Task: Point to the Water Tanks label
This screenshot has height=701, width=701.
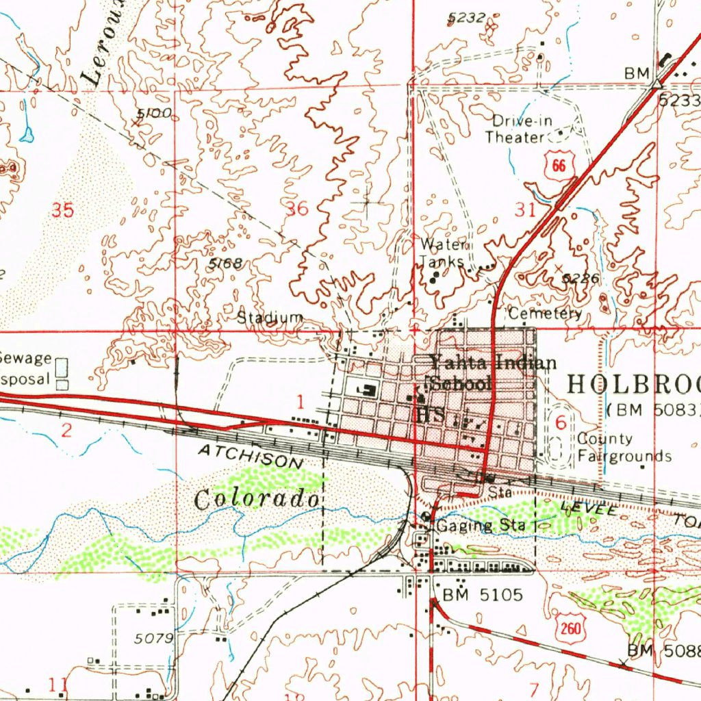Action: [x=444, y=253]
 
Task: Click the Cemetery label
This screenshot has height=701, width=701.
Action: [x=545, y=314]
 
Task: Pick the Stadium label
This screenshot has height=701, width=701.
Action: [x=270, y=318]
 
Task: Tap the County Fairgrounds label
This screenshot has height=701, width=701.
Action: [x=624, y=447]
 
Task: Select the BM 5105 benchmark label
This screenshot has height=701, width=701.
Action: [x=483, y=595]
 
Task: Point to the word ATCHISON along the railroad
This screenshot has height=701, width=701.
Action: [x=250, y=456]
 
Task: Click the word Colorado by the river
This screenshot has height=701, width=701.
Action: [x=257, y=499]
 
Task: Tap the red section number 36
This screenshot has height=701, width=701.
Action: [x=297, y=209]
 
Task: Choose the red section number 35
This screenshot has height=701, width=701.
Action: [x=62, y=210]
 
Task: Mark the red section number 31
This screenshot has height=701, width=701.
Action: [x=524, y=210]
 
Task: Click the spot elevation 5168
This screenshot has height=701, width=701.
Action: [x=225, y=264]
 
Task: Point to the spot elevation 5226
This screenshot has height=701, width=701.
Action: [x=581, y=279]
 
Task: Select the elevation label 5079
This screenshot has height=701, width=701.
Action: [x=153, y=638]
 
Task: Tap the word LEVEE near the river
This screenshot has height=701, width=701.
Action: [x=581, y=508]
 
